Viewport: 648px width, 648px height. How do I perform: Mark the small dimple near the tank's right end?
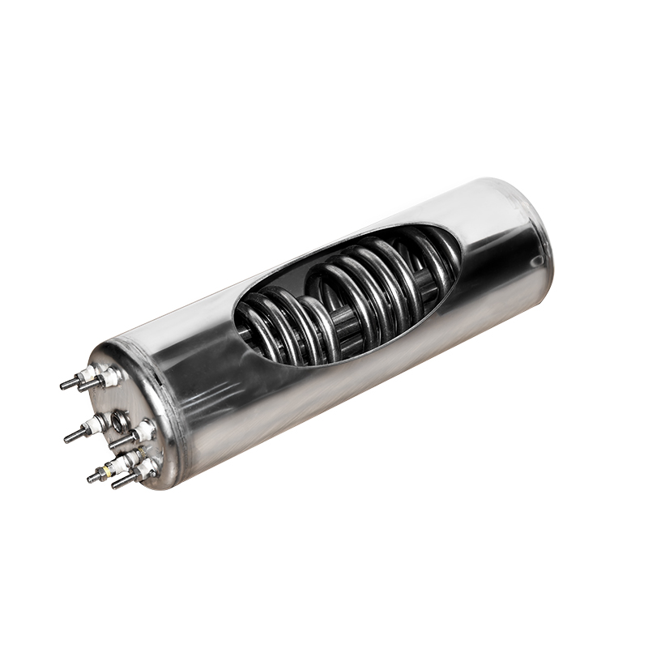[536, 261]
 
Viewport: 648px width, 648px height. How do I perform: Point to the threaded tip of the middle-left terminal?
[69, 438]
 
